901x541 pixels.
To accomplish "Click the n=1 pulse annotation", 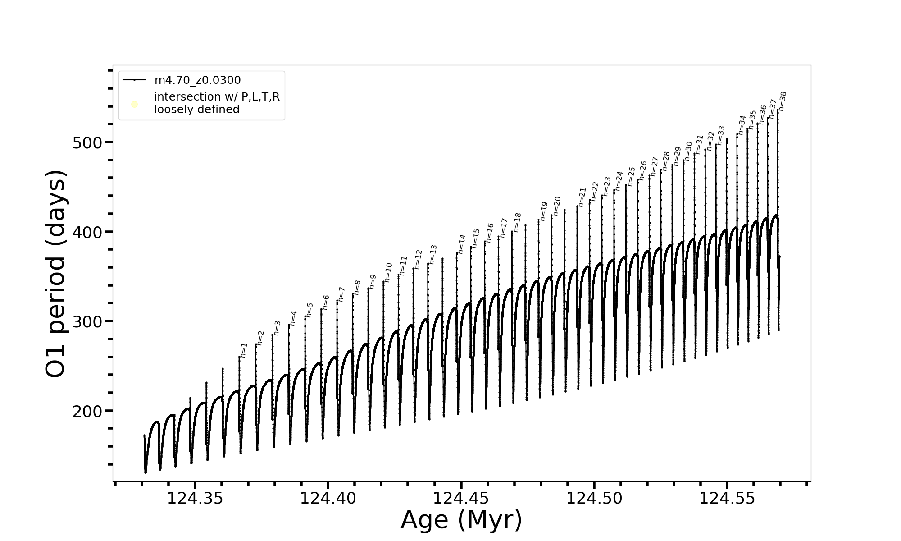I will coord(244,350).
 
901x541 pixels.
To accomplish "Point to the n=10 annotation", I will coord(388,273).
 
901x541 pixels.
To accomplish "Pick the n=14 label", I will coord(461,244).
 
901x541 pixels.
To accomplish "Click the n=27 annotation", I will coord(654,166).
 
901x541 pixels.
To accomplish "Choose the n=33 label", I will coord(721,135).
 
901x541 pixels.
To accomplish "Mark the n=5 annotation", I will coord(309,310).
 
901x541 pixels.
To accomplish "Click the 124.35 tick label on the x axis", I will coord(195,499).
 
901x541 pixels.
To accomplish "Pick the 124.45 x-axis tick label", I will coord(461,499).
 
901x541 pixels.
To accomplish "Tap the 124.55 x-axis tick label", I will coord(727,499).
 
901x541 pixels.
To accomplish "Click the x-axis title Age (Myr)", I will coord(461,520).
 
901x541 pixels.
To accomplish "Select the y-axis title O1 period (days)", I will coord(57,274).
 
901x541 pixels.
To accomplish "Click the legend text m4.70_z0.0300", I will coord(197,80).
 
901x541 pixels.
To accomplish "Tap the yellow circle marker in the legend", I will coord(134,105).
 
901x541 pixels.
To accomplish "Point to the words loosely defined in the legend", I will coord(196,110).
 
